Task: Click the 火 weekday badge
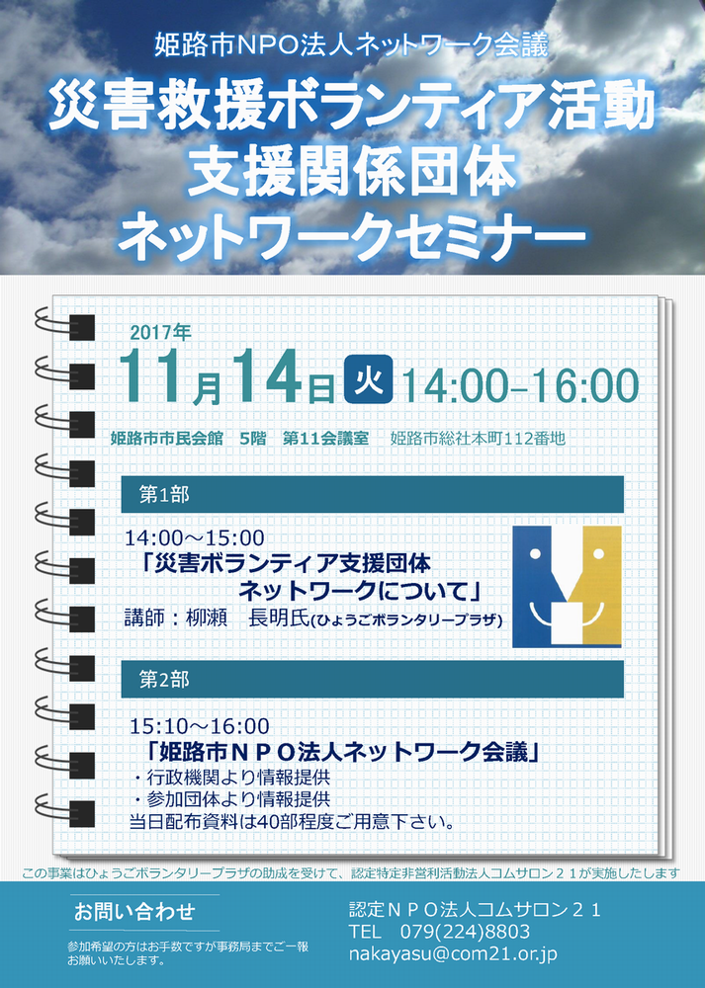pyautogui.click(x=368, y=379)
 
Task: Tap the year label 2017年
pyautogui.click(x=160, y=332)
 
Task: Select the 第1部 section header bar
pyautogui.click(x=372, y=495)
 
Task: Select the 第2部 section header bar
pyautogui.click(x=372, y=680)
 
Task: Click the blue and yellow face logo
pyautogui.click(x=567, y=587)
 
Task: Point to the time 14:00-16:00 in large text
pyautogui.click(x=520, y=385)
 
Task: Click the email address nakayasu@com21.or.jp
pyautogui.click(x=453, y=954)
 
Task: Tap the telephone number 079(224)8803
pyautogui.click(x=465, y=932)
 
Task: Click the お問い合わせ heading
pyautogui.click(x=134, y=912)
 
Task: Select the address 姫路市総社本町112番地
pyautogui.click(x=478, y=438)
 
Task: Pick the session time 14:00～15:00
pyautogui.click(x=194, y=538)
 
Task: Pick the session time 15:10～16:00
pyautogui.click(x=200, y=726)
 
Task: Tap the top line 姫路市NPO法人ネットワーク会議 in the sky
pyautogui.click(x=351, y=46)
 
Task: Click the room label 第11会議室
pyautogui.click(x=325, y=438)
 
